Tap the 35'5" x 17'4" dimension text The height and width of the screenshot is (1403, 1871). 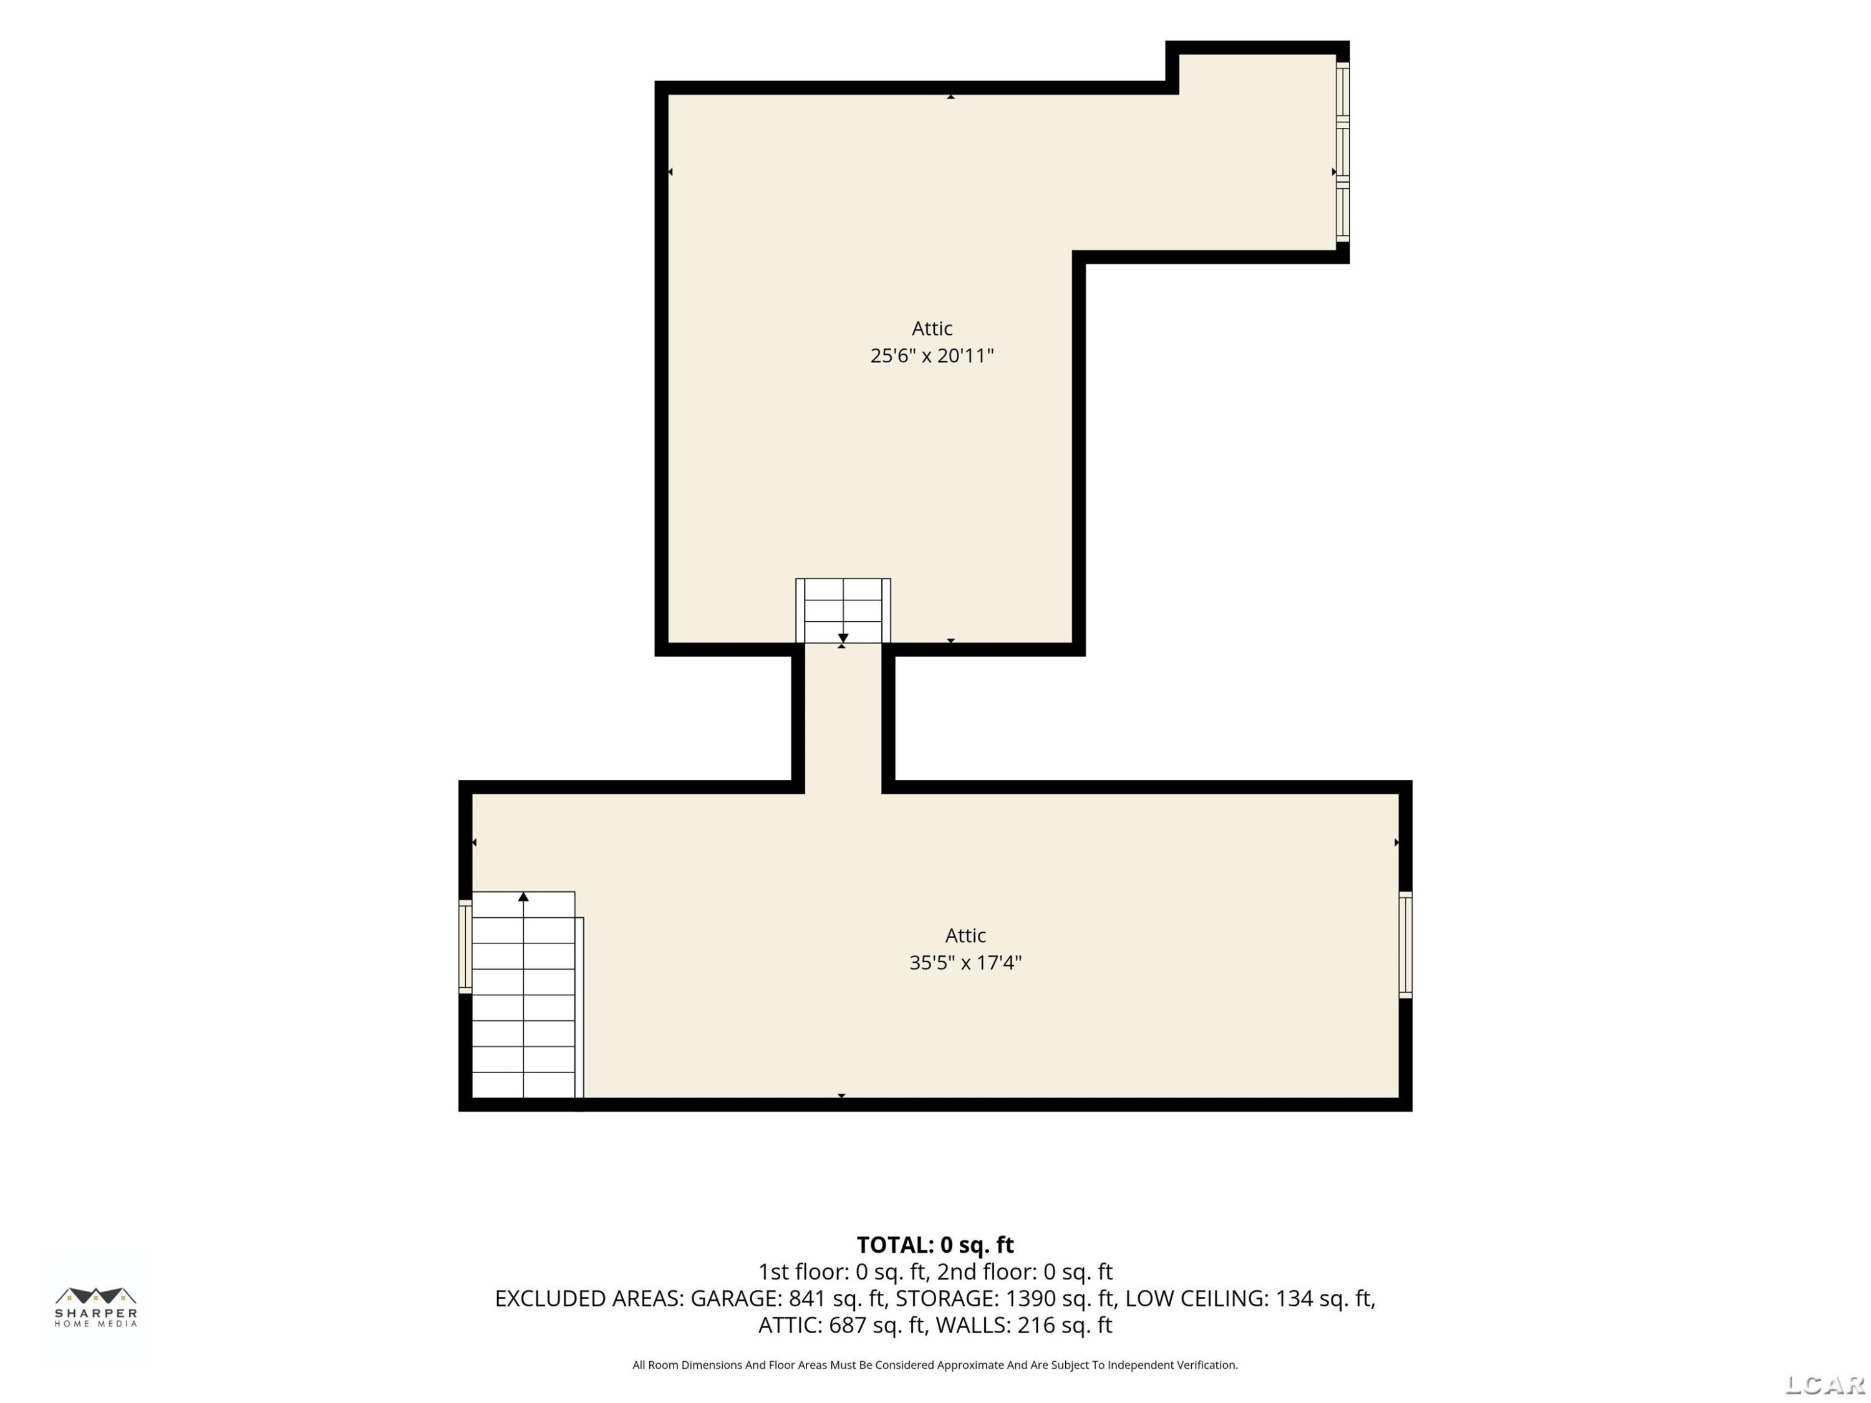tap(965, 962)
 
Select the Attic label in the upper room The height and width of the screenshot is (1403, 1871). tap(932, 328)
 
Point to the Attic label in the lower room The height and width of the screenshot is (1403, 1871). tap(965, 935)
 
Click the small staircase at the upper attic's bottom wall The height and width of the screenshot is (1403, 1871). tap(843, 610)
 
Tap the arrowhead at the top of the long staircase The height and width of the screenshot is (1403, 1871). tap(524, 897)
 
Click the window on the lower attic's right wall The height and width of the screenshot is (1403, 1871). tap(1405, 945)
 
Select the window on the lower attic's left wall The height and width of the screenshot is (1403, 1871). tap(465, 947)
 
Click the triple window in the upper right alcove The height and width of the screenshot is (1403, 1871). tap(1342, 152)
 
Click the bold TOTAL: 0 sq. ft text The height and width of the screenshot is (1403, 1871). tap(935, 1245)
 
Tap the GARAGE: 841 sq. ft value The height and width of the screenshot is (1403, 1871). tap(788, 1298)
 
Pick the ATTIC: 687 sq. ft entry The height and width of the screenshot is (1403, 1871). tap(841, 1325)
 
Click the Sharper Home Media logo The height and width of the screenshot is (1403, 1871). tap(95, 1306)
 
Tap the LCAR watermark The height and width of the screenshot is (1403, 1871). tap(1824, 1384)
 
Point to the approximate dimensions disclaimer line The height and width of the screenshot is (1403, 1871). tap(935, 1365)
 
